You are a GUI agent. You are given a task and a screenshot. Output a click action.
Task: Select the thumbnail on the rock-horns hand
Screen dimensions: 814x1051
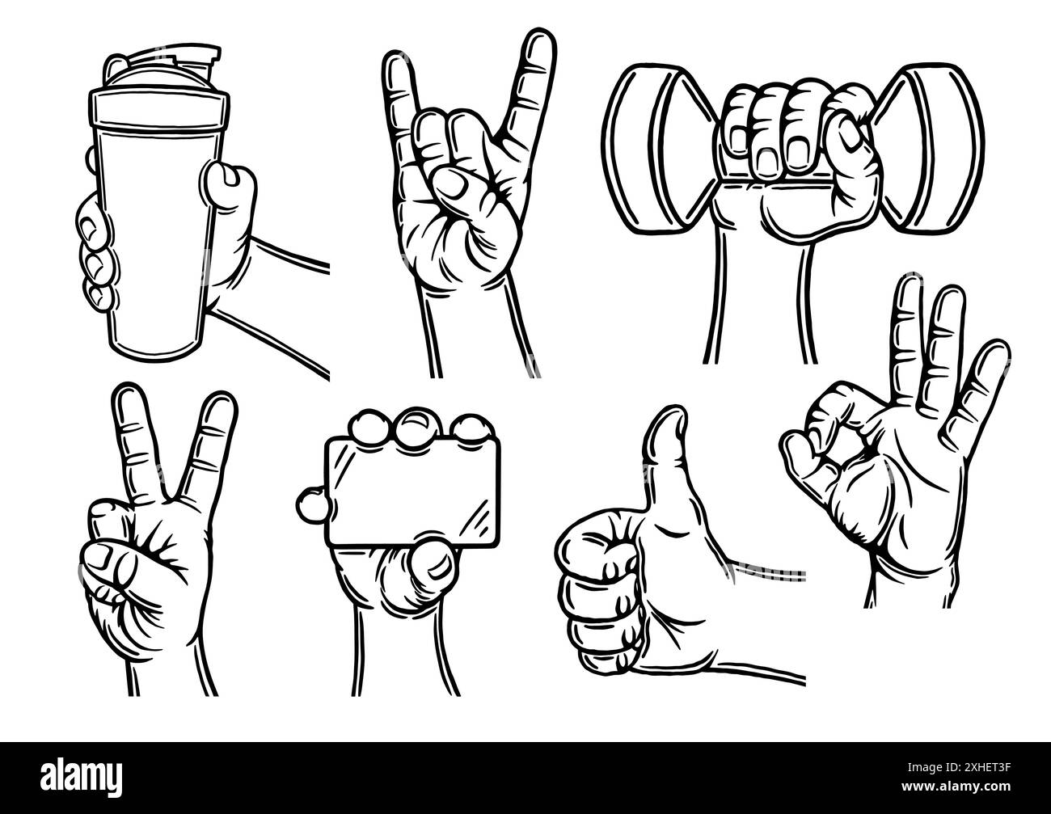pos(450,187)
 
